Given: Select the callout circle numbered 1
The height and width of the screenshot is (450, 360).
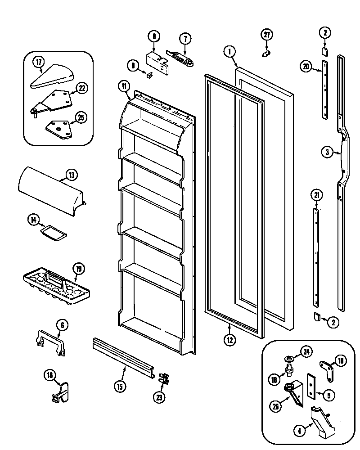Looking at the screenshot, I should click(x=229, y=51).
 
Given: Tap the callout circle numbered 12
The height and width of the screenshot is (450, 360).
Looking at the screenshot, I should click(x=229, y=340).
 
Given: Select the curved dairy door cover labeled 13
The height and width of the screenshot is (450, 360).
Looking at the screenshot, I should click(x=49, y=188).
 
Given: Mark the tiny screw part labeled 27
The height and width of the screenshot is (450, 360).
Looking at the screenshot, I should click(x=265, y=53).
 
